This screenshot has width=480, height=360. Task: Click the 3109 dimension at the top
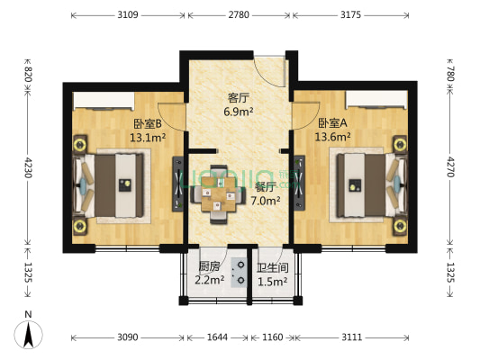(127, 15)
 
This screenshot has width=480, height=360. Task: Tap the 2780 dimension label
(239, 15)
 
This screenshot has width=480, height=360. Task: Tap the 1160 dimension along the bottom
(272, 337)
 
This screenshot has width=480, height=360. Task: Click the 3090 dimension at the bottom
(127, 337)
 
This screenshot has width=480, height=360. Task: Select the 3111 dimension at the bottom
(352, 337)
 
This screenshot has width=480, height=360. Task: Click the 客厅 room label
(239, 98)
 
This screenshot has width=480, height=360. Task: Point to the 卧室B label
(147, 124)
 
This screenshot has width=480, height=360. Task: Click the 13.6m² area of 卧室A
(332, 137)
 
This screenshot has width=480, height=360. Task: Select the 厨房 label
(209, 266)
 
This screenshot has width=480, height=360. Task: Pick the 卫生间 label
(272, 267)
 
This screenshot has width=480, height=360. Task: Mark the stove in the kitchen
(240, 271)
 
